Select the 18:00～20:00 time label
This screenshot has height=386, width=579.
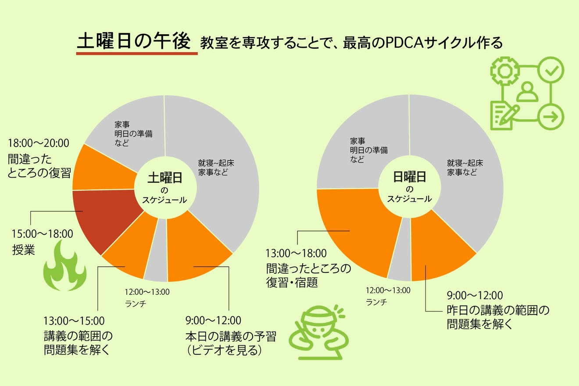[39, 143]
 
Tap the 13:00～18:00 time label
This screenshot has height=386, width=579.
[296, 253]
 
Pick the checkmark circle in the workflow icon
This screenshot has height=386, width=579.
[550, 70]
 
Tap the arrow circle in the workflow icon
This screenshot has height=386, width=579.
[550, 117]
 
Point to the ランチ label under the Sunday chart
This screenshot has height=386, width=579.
[376, 302]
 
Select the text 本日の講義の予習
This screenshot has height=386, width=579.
[231, 337]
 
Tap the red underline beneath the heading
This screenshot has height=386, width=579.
[136, 54]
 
